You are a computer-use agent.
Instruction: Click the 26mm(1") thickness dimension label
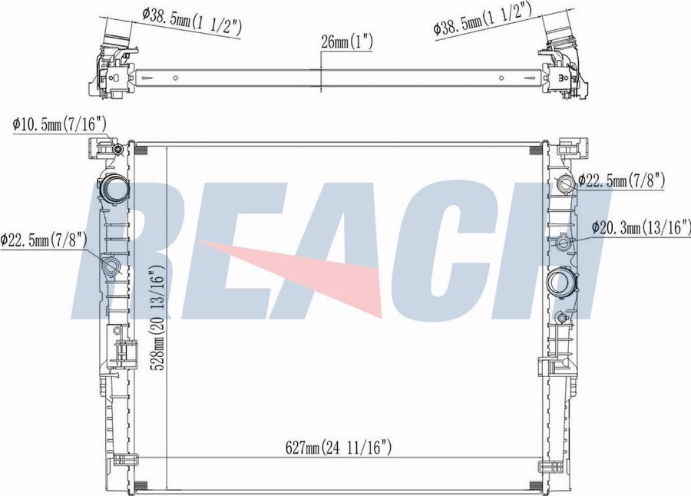pyautogui.click(x=347, y=42)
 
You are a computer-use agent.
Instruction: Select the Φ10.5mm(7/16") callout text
pyautogui.click(x=59, y=124)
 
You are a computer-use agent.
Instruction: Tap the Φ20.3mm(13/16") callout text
pyautogui.click(x=641, y=227)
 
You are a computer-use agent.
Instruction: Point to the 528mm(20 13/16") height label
pyautogui.click(x=157, y=317)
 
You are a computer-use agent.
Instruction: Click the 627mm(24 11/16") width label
pyautogui.click(x=339, y=448)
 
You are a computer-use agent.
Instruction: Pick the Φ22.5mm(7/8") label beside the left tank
pyautogui.click(x=43, y=240)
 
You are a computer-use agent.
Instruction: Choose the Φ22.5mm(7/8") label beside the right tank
pyautogui.click(x=621, y=180)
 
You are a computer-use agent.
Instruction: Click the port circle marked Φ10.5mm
pyautogui.click(x=117, y=150)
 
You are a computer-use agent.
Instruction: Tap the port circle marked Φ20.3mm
pyautogui.click(x=563, y=243)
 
